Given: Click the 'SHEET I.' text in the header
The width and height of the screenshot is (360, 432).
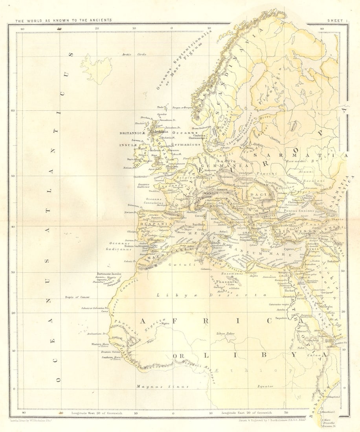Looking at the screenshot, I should (338, 20).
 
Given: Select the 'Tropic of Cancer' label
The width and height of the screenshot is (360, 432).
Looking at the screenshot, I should (77, 297).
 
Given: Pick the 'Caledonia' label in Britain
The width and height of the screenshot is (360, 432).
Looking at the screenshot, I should (157, 132).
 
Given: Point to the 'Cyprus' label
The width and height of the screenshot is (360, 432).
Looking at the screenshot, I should (289, 249).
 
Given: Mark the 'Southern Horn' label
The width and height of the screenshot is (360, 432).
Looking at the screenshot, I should (110, 357).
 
